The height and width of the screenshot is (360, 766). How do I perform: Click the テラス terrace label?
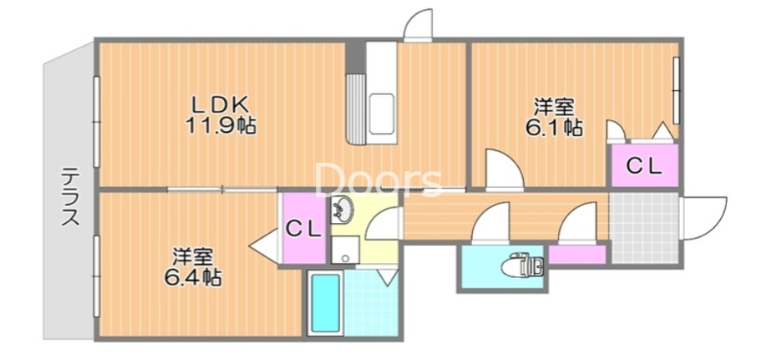click(70, 196)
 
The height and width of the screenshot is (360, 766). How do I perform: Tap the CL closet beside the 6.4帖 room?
click(304, 229)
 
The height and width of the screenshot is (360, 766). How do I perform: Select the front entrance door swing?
click(702, 219)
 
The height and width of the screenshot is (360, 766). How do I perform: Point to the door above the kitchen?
click(417, 26)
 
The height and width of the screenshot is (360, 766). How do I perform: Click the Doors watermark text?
click(379, 180)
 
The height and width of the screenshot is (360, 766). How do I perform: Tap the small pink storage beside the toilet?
click(576, 255)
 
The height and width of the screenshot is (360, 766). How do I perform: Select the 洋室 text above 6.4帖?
click(191, 257)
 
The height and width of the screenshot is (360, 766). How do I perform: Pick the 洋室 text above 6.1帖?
click(552, 106)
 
